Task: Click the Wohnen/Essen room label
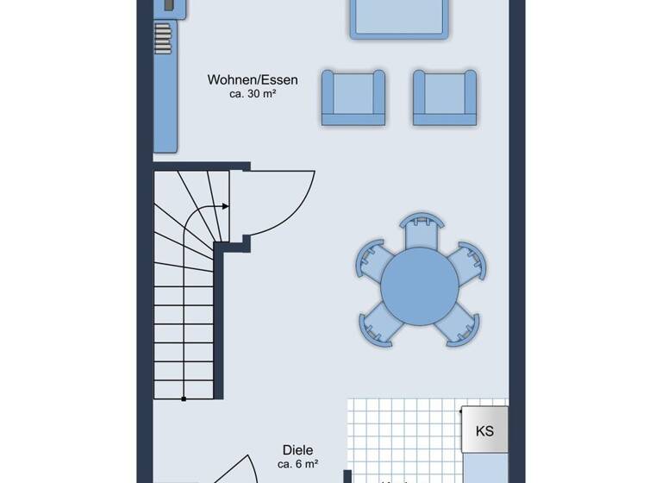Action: pos(253,80)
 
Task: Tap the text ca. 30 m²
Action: pos(253,95)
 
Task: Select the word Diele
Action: pos(297,449)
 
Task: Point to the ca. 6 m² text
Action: pos(297,464)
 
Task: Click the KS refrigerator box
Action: pos(484,430)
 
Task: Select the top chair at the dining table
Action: pos(420,227)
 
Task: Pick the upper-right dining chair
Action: pos(468,261)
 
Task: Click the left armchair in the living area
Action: pos(353,97)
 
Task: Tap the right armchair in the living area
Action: pos(445,97)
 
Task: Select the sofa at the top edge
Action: pos(399,17)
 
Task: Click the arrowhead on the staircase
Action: pos(226,207)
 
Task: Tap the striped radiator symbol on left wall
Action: pos(163,39)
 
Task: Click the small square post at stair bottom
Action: pos(184,398)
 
